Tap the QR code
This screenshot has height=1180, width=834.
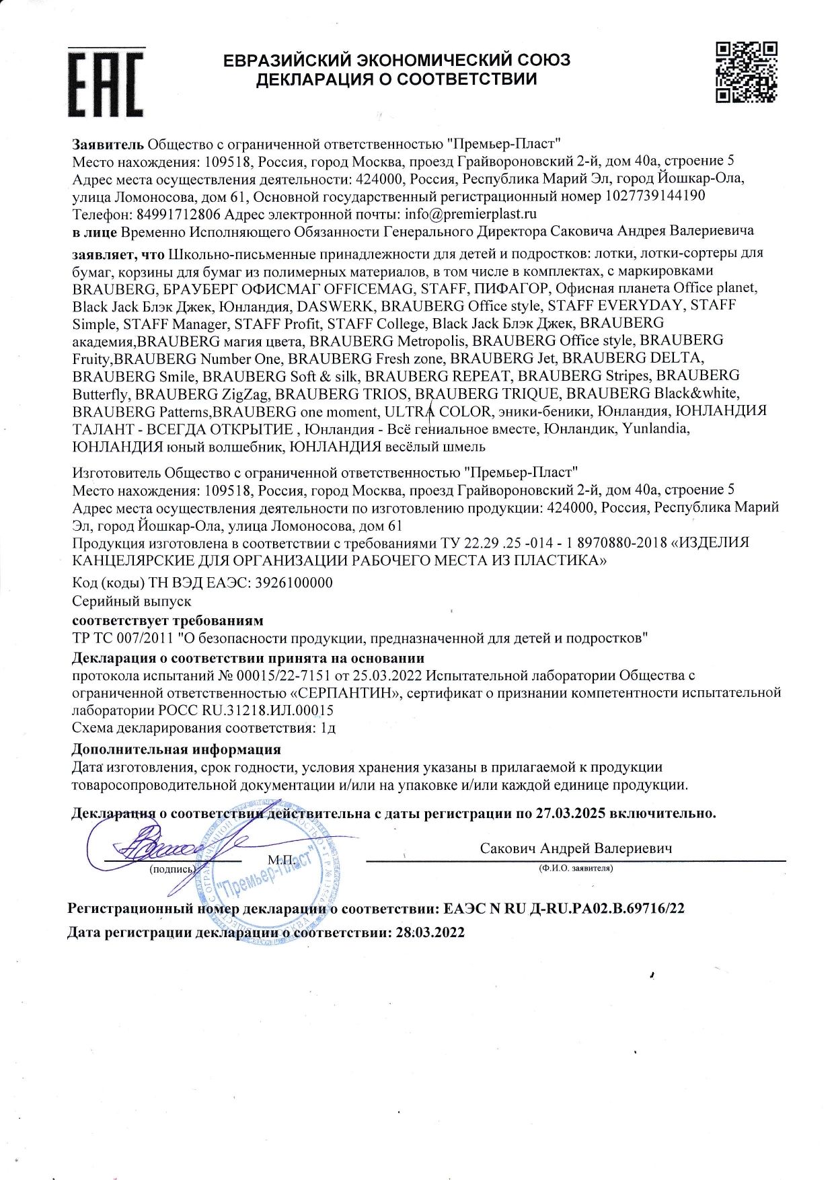tap(745, 72)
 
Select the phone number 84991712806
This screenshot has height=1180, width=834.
tap(178, 215)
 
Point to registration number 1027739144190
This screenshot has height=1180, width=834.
tap(655, 196)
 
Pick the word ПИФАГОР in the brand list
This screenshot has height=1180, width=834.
tap(510, 288)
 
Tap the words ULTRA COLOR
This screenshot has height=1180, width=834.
tap(437, 411)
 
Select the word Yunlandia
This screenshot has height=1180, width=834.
tap(655, 429)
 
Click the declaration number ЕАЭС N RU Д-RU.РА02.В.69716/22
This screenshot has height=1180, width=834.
tap(564, 909)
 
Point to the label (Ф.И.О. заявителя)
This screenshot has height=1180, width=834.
tap(576, 869)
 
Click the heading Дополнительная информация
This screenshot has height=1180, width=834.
tap(176, 749)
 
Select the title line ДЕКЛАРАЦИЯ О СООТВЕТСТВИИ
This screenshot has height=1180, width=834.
tap(396, 79)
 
